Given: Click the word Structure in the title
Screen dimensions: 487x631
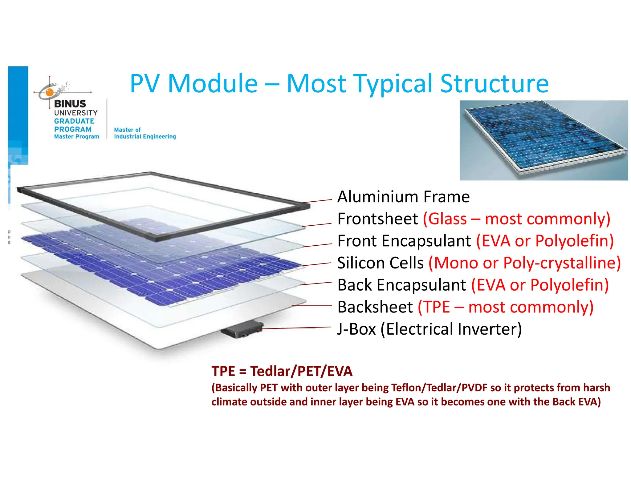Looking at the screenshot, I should point(494,84).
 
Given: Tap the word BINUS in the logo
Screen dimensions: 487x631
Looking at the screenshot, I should point(70,104).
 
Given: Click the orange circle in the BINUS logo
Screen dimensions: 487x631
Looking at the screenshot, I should point(49,92).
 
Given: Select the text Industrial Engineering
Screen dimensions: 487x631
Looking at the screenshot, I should point(145,136).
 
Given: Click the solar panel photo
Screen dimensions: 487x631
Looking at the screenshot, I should point(543,140).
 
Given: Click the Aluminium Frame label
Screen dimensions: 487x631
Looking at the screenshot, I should point(403,197).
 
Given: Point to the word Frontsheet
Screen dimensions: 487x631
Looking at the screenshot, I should point(377,219).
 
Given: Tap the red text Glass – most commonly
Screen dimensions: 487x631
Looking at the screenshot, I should point(516,219).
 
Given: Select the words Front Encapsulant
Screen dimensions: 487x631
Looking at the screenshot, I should point(404,241).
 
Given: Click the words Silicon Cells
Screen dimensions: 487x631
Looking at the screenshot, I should point(380,263).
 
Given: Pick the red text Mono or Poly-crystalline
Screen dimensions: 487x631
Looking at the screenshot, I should point(525,263).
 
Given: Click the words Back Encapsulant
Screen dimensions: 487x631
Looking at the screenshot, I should point(401,285).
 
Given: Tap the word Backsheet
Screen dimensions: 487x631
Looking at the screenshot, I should point(375,307).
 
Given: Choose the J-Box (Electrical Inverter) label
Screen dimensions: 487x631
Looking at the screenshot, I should point(429,329).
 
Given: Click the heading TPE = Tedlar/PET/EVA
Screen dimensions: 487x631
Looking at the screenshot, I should point(282,371).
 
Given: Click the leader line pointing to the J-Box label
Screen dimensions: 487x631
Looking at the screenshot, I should point(296,328).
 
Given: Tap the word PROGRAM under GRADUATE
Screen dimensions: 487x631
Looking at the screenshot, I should point(73,129).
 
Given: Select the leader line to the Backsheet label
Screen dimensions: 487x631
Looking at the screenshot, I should point(311,305).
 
